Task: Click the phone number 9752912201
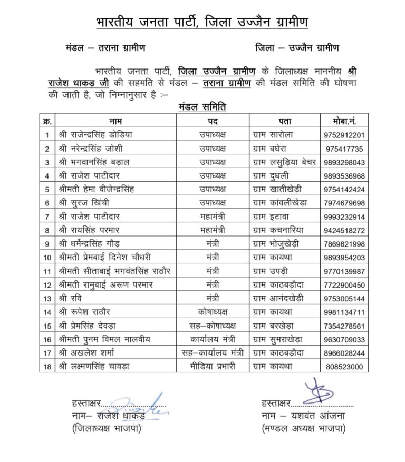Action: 345,135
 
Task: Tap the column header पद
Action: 213,121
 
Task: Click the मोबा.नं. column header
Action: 345,121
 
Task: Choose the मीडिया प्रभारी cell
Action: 213,366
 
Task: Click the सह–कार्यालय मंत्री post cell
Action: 213,352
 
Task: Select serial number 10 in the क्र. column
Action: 47,258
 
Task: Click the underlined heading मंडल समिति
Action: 203,107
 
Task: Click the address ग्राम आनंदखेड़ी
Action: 278,298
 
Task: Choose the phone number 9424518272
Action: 345,230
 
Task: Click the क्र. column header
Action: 47,121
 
